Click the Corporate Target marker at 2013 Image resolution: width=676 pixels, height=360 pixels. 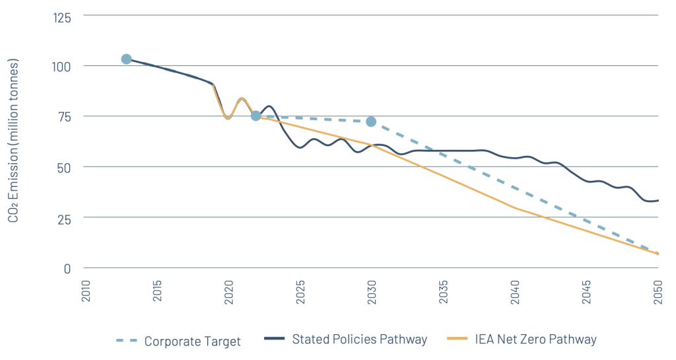pos(126,59)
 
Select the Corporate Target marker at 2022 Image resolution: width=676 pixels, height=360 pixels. pos(255,116)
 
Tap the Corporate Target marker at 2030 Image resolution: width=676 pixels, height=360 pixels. pos(371,122)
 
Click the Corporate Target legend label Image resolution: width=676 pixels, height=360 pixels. pos(192,342)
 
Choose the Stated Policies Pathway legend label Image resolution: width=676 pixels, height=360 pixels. pos(359,340)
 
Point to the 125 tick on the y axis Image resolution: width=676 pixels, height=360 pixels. pos(62,16)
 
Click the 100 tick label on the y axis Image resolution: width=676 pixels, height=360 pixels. pos(62,66)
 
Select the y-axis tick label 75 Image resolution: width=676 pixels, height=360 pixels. pos(65,116)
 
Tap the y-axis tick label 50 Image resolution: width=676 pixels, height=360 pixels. pos(65,167)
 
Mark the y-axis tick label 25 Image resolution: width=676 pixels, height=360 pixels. pos(65,218)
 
